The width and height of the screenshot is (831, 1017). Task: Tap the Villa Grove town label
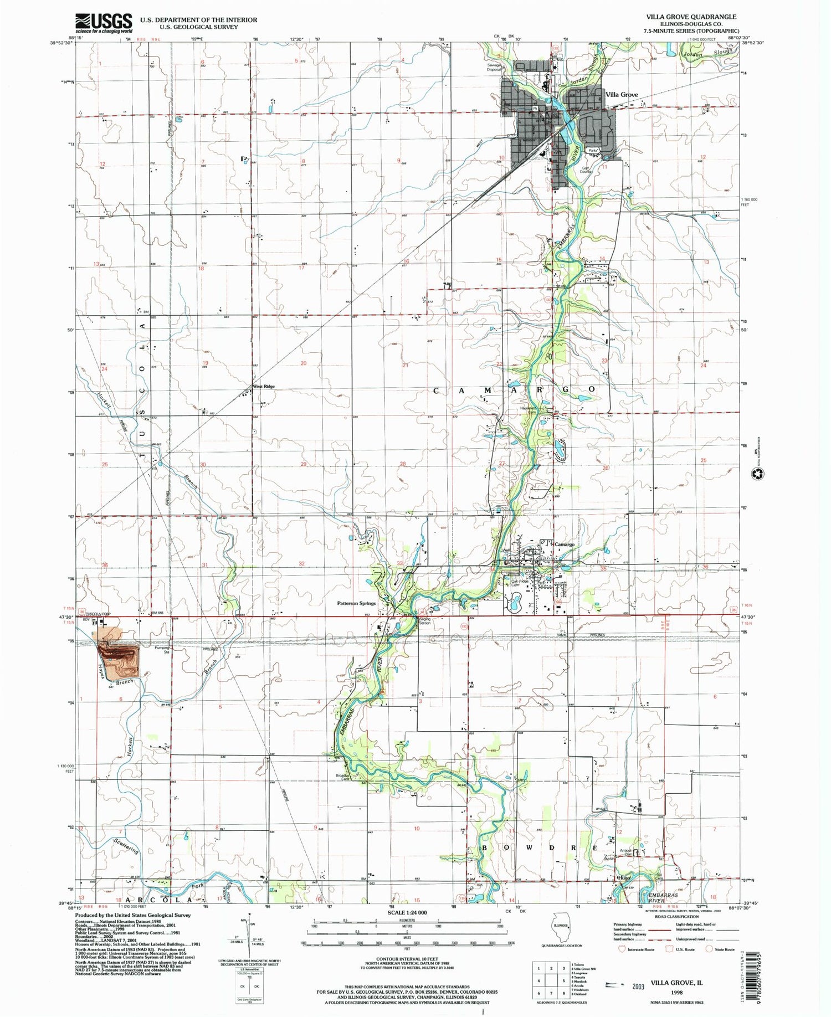[x=622, y=95]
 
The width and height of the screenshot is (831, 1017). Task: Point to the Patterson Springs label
[x=357, y=603]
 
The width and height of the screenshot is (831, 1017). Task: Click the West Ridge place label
[x=264, y=386]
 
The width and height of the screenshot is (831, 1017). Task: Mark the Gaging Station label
[x=425, y=621]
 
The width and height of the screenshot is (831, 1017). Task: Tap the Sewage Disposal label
[x=494, y=67]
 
